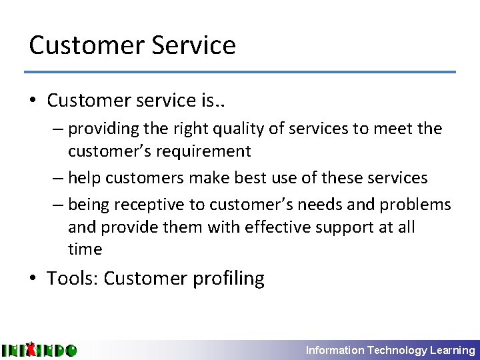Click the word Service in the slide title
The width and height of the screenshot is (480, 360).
click(x=194, y=45)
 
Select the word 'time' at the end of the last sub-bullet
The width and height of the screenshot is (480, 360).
click(x=85, y=249)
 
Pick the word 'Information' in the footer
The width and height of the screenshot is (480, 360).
click(x=335, y=350)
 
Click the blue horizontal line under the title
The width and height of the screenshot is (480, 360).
click(x=240, y=72)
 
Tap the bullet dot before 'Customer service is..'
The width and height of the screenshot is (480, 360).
click(x=33, y=101)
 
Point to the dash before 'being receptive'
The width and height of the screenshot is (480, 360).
click(x=58, y=205)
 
